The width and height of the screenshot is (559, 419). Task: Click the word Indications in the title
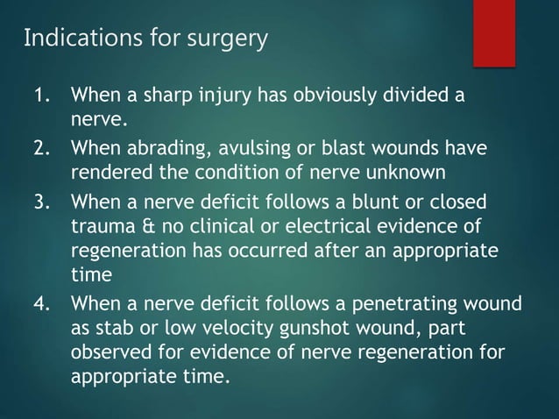coord(74,39)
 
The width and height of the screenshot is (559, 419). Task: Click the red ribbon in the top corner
coord(494,32)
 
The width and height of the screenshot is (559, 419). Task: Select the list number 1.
coord(43,95)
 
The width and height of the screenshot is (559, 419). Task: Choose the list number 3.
coord(43,204)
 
